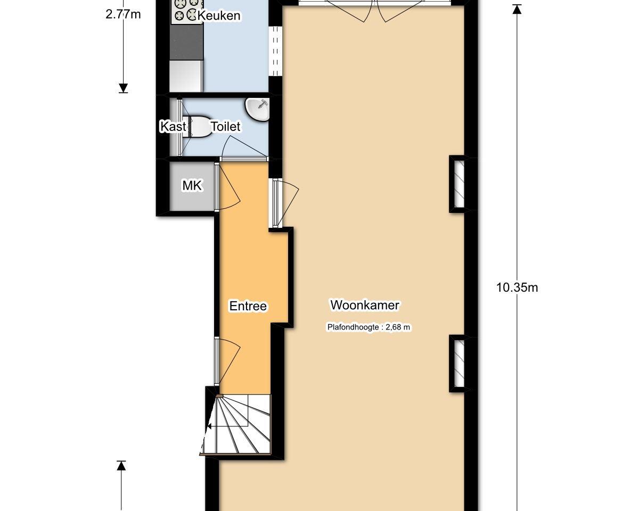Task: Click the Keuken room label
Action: [219, 15]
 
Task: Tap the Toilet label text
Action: [225, 127]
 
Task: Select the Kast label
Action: [173, 127]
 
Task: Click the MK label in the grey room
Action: [192, 186]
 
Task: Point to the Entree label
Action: [248, 306]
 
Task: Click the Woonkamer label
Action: [365, 305]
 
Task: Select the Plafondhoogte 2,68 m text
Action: [368, 327]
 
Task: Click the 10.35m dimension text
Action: [517, 287]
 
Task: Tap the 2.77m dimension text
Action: [123, 14]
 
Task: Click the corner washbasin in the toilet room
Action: [258, 110]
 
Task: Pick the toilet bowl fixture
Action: [198, 127]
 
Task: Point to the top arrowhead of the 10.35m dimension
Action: [517, 9]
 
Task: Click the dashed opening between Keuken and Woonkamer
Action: [275, 51]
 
